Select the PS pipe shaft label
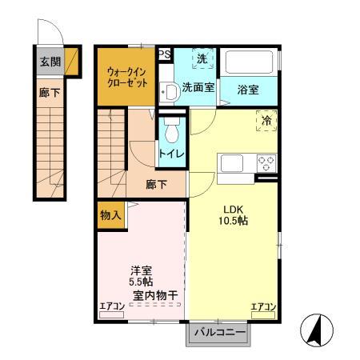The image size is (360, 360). click(164, 54)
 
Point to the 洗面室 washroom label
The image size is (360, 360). click(197, 88)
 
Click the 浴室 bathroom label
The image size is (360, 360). click(248, 90)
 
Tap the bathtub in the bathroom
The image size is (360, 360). click(249, 62)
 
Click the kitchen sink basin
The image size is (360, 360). click(233, 163)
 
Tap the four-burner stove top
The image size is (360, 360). click(266, 162)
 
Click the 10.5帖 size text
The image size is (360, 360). click(234, 220)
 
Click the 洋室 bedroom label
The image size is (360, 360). click(141, 270)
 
